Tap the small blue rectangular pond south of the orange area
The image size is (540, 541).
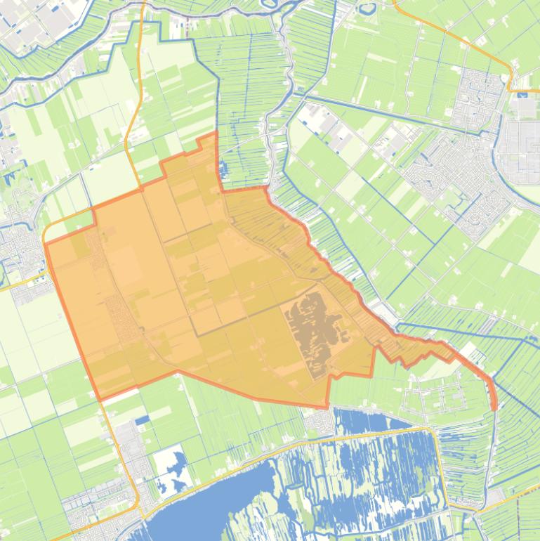(143, 420)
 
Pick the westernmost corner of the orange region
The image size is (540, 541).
(46, 243)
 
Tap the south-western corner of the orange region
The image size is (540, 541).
(100, 399)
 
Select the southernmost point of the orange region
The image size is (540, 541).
(327, 406)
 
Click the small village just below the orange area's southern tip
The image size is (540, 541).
(321, 422)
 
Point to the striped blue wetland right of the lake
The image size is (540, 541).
(379, 471)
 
